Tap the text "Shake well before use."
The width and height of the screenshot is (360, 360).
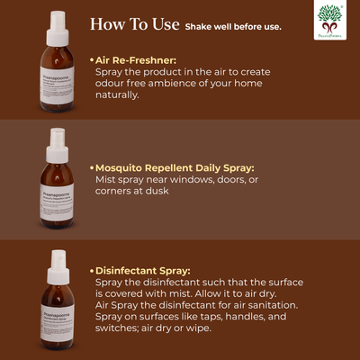[x=233, y=27]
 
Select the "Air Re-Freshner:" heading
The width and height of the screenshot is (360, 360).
[x=136, y=59]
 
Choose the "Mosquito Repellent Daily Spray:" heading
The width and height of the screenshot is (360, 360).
[x=174, y=167]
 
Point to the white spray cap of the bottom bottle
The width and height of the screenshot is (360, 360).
[x=58, y=259]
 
